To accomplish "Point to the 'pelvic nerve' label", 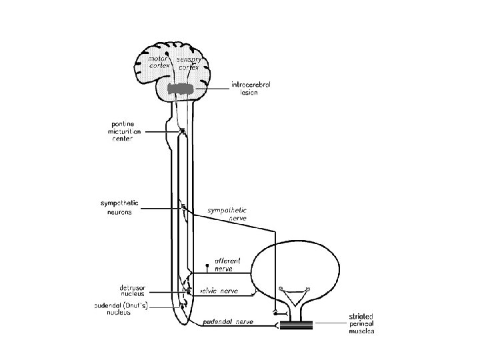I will [220, 292].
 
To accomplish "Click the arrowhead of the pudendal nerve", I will [277, 325].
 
